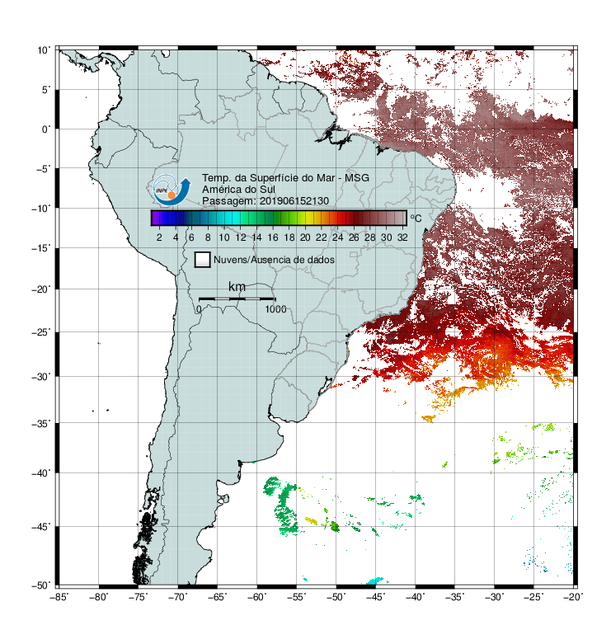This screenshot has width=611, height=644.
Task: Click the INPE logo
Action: coord(172,190)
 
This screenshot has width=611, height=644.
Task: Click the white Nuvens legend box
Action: coord(203,260)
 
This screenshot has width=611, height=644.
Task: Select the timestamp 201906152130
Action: coord(294,201)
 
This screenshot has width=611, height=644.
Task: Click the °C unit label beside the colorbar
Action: coord(416,218)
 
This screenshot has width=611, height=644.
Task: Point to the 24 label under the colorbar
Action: coord(337,237)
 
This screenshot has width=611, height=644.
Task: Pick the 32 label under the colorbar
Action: coord(402,237)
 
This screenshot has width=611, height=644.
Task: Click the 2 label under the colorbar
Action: coord(159,237)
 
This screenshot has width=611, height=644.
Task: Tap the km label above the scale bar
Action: coord(237,287)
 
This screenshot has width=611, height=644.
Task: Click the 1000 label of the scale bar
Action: coord(275,309)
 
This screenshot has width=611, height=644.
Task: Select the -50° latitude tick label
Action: coord(41,585)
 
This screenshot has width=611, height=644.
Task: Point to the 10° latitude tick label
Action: coord(44,50)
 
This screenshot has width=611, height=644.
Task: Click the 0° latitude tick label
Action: coord(46,129)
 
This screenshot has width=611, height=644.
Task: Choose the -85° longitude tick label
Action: coord(59,597)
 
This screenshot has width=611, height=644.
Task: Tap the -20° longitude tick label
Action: coord(573,597)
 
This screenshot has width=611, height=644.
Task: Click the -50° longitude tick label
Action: coord(336,597)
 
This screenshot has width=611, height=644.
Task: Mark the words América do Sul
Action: coord(238,190)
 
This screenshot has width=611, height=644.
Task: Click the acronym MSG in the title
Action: coord(357,178)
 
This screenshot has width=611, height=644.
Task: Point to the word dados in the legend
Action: coord(321,260)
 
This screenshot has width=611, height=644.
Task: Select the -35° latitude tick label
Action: coord(41,424)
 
